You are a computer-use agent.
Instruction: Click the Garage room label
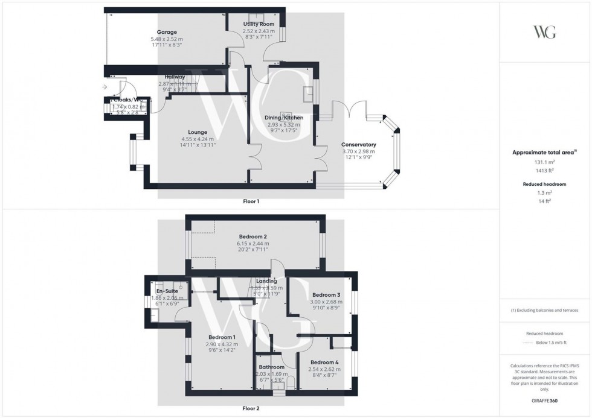click(x=166, y=31)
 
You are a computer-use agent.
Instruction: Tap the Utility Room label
click(x=259, y=24)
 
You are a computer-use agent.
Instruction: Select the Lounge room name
click(x=198, y=132)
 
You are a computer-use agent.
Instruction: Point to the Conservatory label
click(x=358, y=145)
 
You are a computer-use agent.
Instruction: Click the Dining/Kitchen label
click(x=283, y=118)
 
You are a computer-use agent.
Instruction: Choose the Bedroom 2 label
click(x=253, y=236)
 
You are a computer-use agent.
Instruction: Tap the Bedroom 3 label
click(x=327, y=294)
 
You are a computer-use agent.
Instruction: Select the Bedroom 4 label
click(x=324, y=363)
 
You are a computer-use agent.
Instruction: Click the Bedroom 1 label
click(x=222, y=337)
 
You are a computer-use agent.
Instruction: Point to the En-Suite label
click(x=166, y=291)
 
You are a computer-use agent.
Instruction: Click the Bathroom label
click(x=271, y=367)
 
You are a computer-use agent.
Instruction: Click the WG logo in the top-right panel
click(x=545, y=32)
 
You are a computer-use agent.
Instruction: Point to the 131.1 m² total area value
click(x=545, y=162)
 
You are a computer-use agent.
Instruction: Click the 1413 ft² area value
click(x=545, y=171)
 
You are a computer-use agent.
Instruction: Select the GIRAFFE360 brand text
click(x=545, y=400)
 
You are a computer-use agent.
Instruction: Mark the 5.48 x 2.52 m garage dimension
click(x=166, y=39)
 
